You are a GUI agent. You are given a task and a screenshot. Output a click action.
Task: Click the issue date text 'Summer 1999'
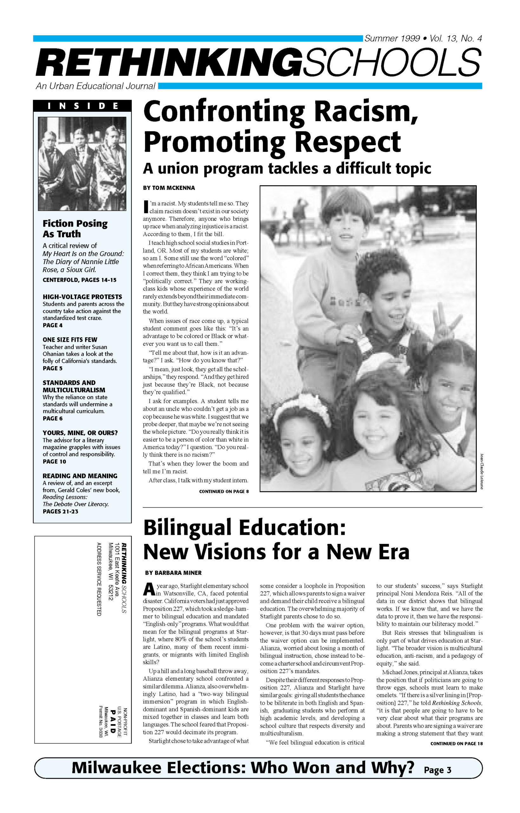pos(392,38)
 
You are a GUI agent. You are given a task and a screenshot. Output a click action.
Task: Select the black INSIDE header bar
pos(82,106)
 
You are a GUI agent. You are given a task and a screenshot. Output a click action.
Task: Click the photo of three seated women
pos(82,164)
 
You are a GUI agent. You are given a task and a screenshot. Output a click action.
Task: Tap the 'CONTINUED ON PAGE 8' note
pos(224,491)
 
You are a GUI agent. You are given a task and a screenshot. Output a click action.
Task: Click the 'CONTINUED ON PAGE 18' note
pos(456,743)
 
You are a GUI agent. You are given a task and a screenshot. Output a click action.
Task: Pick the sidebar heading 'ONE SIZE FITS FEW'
pos(69,339)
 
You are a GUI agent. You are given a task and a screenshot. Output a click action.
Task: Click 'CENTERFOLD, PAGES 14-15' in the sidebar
pos(79,280)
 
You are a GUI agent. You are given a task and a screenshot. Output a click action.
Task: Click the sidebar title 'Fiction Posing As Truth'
pos(75,229)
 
